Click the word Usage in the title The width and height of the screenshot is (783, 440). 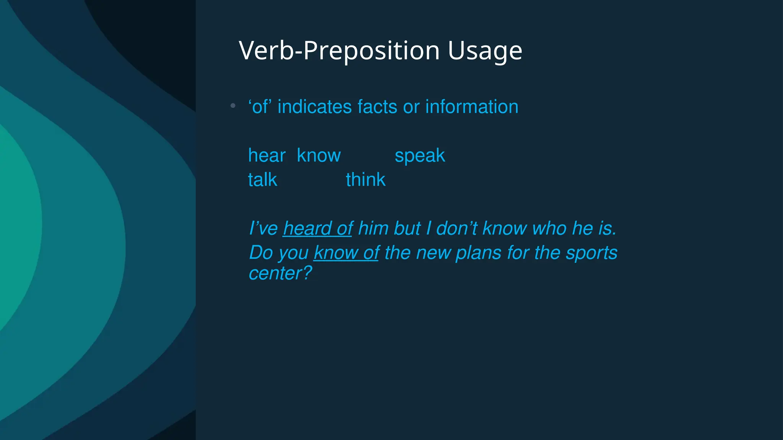click(x=484, y=51)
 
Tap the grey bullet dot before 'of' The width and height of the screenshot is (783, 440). click(x=233, y=106)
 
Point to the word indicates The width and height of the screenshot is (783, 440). click(x=314, y=107)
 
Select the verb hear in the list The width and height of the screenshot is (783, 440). click(x=266, y=156)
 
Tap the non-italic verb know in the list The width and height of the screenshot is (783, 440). click(x=318, y=156)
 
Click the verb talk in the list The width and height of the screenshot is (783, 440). click(x=262, y=180)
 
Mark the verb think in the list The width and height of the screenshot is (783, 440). click(x=366, y=180)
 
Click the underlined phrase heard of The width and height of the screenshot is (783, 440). click(x=317, y=229)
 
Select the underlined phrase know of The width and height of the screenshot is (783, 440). click(x=346, y=253)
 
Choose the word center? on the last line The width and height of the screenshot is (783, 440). click(x=280, y=273)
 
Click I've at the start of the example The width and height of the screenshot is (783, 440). click(x=263, y=229)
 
